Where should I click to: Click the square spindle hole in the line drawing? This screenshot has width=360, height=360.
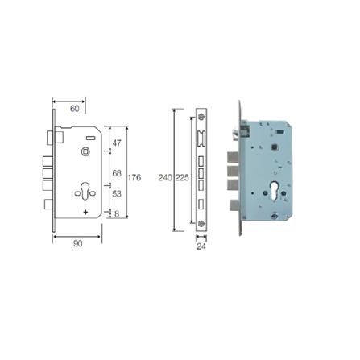click(86, 151)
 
